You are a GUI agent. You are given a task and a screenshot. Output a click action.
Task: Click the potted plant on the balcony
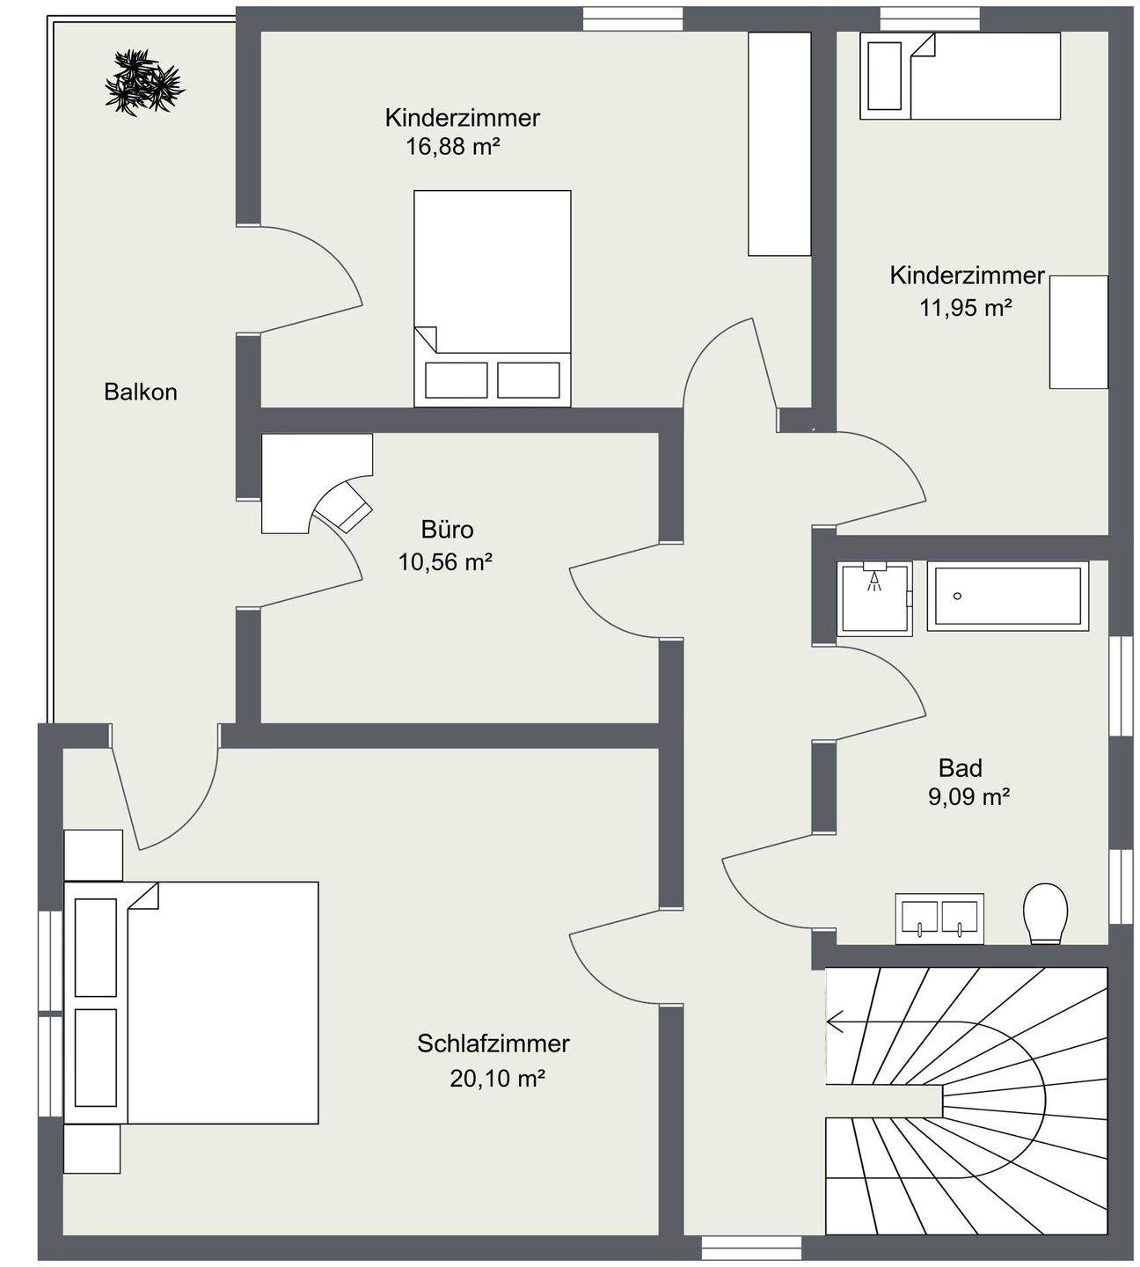[x=143, y=83]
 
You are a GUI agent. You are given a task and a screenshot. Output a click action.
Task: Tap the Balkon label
[x=141, y=392]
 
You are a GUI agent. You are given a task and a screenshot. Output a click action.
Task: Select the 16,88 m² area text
[x=452, y=146]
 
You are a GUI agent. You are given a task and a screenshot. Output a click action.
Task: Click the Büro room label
[x=447, y=530]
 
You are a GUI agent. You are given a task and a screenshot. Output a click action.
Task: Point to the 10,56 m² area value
[x=444, y=561]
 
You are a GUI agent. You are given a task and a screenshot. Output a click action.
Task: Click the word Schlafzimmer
[x=493, y=1044]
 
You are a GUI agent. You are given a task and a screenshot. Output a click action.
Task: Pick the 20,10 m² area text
[x=497, y=1078]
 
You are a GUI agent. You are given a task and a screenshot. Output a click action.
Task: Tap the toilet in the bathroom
[x=1046, y=913]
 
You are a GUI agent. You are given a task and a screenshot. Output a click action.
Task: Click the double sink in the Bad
[x=939, y=919]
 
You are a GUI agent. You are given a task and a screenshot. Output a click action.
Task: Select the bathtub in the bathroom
[x=1007, y=596]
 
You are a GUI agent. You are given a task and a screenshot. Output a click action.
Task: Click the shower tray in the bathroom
[x=873, y=598]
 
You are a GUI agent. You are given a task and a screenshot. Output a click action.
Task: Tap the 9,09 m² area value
[x=968, y=797]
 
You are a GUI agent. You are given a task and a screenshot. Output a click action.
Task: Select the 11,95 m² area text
[x=965, y=308]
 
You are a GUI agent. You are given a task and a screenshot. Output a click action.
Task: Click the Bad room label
[x=960, y=768]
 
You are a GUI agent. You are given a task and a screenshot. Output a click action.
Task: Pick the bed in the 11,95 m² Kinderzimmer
[x=960, y=76]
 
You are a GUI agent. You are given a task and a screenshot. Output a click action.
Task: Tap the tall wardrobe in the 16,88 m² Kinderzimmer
[x=778, y=143]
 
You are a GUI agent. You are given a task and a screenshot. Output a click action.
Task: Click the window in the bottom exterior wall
[x=751, y=1248]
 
